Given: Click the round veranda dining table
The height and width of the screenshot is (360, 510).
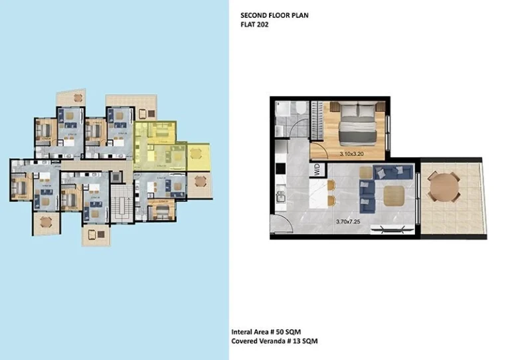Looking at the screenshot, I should pos(443,189).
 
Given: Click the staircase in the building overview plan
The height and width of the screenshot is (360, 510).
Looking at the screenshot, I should pos(120,203).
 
